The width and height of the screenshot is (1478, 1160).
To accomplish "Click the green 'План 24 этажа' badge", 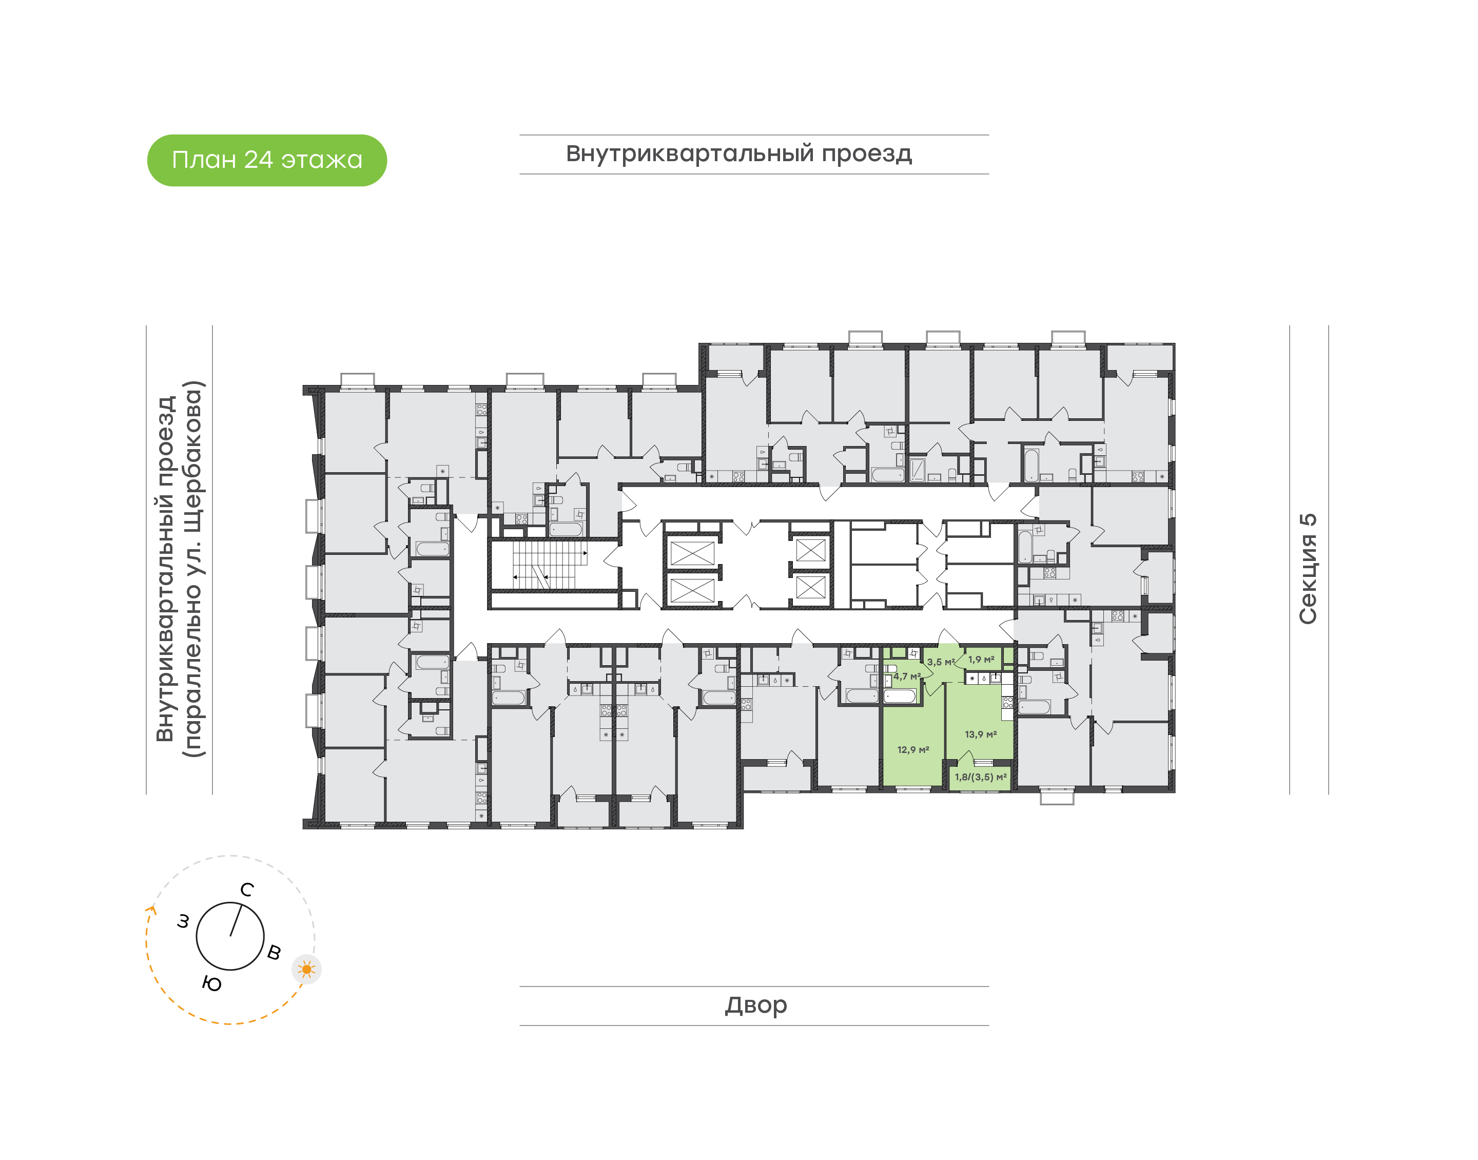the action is click(x=267, y=160).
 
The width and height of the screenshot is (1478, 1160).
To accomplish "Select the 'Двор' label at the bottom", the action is click(x=755, y=1004).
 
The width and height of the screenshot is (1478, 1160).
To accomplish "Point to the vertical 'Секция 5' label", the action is click(x=1308, y=569).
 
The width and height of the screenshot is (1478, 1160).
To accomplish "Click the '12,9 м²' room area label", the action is click(x=913, y=750).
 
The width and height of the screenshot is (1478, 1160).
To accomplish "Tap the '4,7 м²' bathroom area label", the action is click(x=907, y=676).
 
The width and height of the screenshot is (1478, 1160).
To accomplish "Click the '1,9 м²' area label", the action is click(x=981, y=660).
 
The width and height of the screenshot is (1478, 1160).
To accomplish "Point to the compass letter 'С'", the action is click(x=247, y=890).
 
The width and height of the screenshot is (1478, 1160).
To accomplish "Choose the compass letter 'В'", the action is click(x=274, y=952).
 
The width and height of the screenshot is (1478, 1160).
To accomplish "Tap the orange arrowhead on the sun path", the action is click(x=151, y=911).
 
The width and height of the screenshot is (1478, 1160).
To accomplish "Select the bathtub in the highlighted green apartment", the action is click(x=900, y=695).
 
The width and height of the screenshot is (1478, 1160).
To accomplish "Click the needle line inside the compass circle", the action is click(x=236, y=920).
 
